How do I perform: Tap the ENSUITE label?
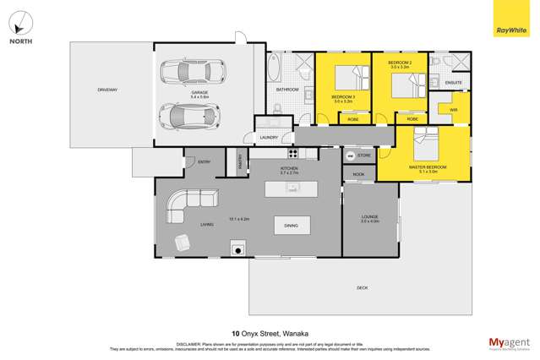pos(454,83)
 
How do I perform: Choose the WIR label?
pos(453,110)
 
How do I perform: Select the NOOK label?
pos(358,174)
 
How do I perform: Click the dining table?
pos(291,226)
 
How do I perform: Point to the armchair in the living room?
pos(183,243)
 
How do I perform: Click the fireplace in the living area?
pos(238,248)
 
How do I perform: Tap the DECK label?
pos(362,288)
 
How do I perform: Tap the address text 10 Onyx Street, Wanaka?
pos(270,333)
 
